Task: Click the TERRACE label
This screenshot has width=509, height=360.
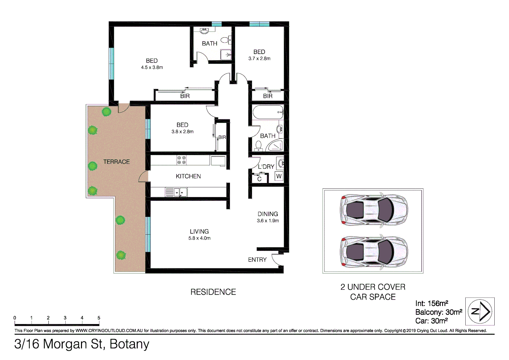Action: pos(116,162)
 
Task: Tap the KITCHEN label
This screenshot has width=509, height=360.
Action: pos(188,176)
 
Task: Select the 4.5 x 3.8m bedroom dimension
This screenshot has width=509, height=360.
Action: pos(152,67)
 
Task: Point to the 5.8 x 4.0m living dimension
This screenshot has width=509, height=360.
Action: pos(199,238)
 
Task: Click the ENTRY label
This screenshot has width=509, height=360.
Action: pos(257,260)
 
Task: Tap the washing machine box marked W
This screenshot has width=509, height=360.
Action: pos(279,176)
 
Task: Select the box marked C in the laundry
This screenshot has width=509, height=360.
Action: pos(259,179)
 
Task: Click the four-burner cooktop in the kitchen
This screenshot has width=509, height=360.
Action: pos(181,160)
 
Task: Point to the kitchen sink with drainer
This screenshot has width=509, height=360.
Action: pos(176,192)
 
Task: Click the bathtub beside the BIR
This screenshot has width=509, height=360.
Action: pos(268,112)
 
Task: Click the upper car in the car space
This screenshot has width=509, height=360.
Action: pos(373,210)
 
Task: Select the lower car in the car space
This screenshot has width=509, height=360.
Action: pos(373,252)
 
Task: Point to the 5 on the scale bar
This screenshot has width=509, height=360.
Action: pos(99,318)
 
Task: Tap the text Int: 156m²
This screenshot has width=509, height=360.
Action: pos(431,303)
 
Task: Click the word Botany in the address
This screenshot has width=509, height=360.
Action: pos(129,344)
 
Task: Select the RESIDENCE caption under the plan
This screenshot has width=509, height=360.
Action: pos(213,292)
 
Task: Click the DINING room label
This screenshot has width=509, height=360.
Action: pos(268,214)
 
